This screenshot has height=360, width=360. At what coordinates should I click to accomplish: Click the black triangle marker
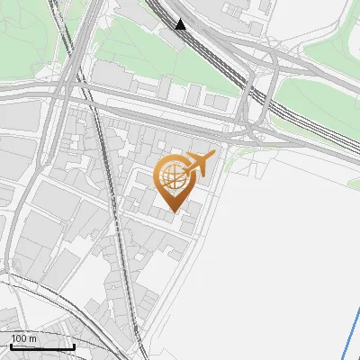click(182, 24)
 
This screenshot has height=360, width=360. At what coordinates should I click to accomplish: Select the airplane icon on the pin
click(200, 164)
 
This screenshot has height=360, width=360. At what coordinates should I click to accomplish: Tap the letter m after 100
click(33, 338)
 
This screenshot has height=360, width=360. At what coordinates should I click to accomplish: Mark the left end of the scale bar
click(9, 347)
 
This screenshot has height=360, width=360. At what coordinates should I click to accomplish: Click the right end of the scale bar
click(74, 347)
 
